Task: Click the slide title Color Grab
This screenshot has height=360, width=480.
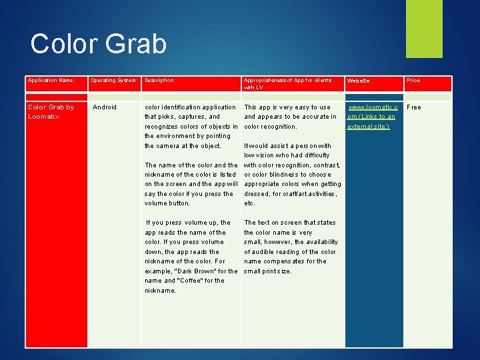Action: (x=98, y=44)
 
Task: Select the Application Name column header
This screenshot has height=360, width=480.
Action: (x=51, y=81)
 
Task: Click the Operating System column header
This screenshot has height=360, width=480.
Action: (x=114, y=81)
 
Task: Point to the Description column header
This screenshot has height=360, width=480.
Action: (x=159, y=81)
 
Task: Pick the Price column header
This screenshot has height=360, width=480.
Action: (x=413, y=81)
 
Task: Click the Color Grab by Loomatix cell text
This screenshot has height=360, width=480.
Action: (x=51, y=111)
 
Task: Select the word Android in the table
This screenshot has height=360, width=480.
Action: (x=104, y=107)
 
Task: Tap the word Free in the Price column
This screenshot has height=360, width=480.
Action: (x=414, y=107)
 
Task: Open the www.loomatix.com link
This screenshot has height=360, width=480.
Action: (x=372, y=116)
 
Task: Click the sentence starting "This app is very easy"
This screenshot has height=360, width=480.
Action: (x=291, y=116)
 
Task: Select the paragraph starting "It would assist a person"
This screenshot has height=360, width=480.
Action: (x=292, y=174)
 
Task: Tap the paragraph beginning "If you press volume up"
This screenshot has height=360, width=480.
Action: (x=191, y=256)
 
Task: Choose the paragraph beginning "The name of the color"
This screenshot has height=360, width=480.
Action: (x=191, y=184)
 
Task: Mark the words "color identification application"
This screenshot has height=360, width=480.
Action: (x=190, y=107)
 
